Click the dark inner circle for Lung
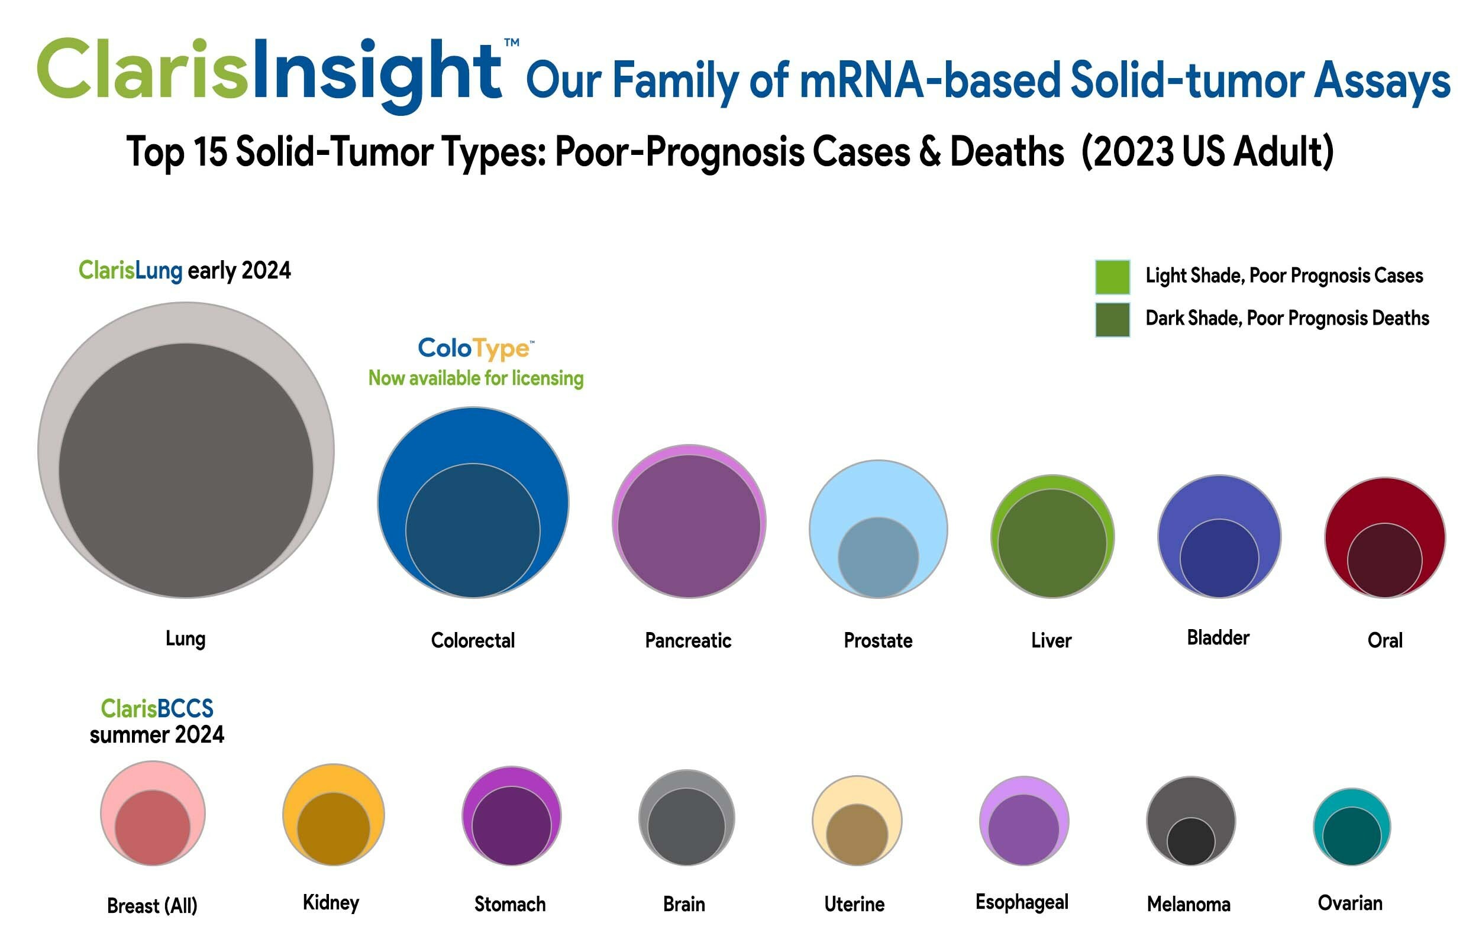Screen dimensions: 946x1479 [x=186, y=470]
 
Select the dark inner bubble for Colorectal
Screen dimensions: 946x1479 [x=473, y=530]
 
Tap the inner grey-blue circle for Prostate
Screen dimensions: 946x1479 [x=878, y=557]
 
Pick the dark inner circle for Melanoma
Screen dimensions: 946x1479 [x=1190, y=841]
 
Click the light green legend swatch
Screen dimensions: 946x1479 [x=1112, y=277]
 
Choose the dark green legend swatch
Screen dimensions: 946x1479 [x=1112, y=319]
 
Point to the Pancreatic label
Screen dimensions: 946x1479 [x=687, y=641]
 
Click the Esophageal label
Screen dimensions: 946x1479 [x=1021, y=902]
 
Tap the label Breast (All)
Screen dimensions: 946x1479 [x=152, y=905]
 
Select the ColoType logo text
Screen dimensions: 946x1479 [x=475, y=348]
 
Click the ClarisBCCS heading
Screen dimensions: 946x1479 [x=157, y=708]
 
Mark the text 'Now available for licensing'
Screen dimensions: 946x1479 [x=476, y=378]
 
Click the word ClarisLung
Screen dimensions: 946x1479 [x=130, y=270]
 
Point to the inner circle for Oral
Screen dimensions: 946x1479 [x=1384, y=559]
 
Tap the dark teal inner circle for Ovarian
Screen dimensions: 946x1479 [x=1351, y=836]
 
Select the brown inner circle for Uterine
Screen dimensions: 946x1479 [x=857, y=834]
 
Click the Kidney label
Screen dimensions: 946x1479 [x=331, y=902]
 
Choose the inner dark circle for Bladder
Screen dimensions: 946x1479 [x=1219, y=558]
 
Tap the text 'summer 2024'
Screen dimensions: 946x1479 [x=157, y=735]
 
